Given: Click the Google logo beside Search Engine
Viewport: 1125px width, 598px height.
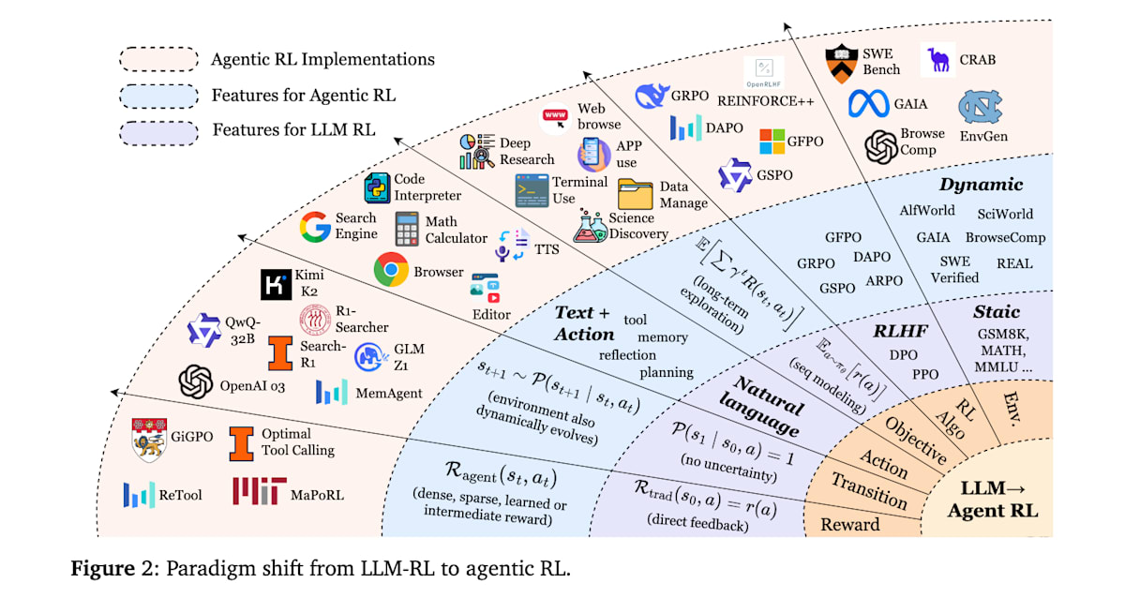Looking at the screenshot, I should pyautogui.click(x=315, y=228).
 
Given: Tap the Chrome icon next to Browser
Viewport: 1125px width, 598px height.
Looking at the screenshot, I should pyautogui.click(x=391, y=271).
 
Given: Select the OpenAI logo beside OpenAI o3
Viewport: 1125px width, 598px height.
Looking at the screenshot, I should pyautogui.click(x=197, y=381).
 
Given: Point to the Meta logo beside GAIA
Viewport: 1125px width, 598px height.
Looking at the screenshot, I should pyautogui.click(x=868, y=103).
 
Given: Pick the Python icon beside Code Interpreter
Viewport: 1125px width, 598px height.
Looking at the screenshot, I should pyautogui.click(x=377, y=188).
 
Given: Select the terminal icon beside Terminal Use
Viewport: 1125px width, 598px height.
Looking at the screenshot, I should pyautogui.click(x=532, y=190).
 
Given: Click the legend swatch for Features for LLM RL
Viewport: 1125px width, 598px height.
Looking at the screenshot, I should pyautogui.click(x=159, y=129).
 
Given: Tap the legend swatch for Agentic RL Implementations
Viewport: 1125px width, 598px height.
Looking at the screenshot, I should pyautogui.click(x=159, y=59).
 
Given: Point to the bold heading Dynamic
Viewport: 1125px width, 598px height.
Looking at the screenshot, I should pyautogui.click(x=981, y=185).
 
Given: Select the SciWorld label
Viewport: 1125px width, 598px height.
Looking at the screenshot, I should pyautogui.click(x=1004, y=214).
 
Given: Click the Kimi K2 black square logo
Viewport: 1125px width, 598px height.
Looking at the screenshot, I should pyautogui.click(x=277, y=286).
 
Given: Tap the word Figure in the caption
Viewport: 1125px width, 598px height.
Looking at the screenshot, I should pyautogui.click(x=101, y=569).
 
